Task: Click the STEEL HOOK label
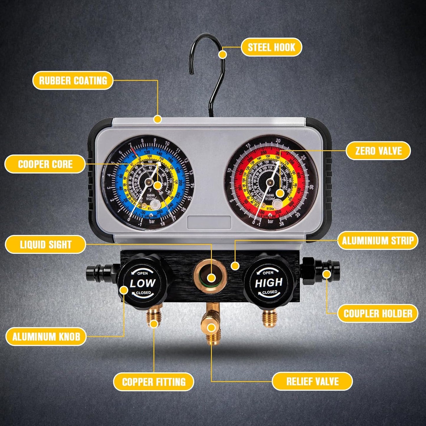(271, 47)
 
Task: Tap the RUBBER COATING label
(73, 80)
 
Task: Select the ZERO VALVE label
(378, 151)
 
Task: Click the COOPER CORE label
(45, 164)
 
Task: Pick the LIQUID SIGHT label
(46, 244)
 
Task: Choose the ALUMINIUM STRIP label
(378, 241)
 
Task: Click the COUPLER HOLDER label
(378, 313)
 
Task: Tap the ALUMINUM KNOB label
(46, 337)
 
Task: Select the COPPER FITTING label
(154, 382)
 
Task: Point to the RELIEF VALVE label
(312, 381)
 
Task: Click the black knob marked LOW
(143, 283)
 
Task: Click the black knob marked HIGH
(268, 282)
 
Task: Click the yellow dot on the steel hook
(223, 55)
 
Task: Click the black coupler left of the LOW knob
(99, 272)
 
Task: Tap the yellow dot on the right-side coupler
(326, 274)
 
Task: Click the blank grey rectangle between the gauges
(209, 222)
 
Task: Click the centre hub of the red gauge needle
(270, 183)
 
